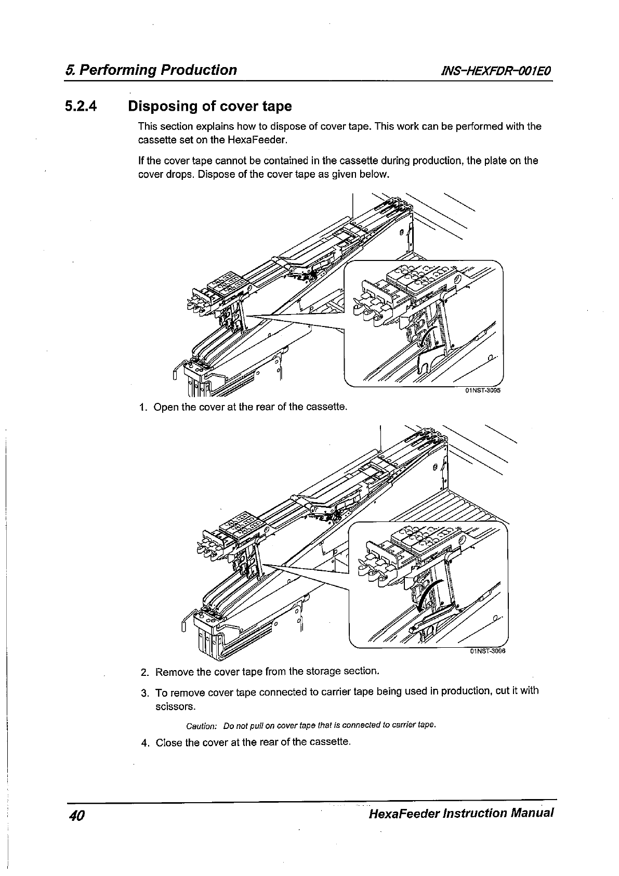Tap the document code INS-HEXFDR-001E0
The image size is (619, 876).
(x=495, y=70)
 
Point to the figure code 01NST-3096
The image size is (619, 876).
(x=488, y=650)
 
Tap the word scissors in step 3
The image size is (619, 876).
(x=175, y=707)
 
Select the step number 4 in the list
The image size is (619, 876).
(x=145, y=742)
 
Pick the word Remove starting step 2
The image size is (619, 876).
(x=173, y=672)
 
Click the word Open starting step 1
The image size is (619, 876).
(x=165, y=407)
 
